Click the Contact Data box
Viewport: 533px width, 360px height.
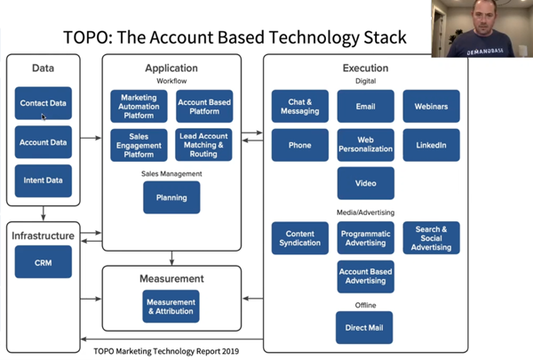point(44,103)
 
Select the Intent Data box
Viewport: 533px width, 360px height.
point(44,180)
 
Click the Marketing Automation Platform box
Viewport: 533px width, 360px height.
point(139,106)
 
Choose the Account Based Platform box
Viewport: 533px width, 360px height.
point(204,106)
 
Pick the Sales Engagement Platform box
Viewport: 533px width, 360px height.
point(139,144)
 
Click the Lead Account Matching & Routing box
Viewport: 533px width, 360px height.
point(204,144)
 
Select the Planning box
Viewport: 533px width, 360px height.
point(171,197)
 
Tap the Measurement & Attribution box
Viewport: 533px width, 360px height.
point(171,306)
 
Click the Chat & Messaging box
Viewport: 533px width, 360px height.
point(299,106)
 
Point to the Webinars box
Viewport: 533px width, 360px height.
point(431,106)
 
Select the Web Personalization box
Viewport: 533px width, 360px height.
point(365,144)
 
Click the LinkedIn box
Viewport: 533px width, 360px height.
point(431,144)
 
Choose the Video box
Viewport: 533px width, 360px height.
point(365,183)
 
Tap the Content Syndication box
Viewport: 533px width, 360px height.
point(299,237)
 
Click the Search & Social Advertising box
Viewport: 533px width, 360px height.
point(431,237)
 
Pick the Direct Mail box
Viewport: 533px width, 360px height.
point(365,328)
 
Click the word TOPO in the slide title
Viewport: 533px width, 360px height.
point(88,37)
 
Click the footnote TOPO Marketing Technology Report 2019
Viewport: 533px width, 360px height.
point(166,350)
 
